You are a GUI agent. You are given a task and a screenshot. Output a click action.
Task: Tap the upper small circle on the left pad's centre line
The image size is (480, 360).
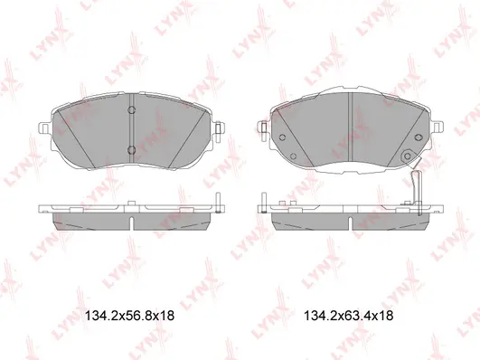(131, 111)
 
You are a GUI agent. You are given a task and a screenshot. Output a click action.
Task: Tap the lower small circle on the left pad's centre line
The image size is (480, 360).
(131, 149)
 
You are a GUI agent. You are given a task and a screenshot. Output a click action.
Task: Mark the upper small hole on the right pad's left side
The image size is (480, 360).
(282, 138)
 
